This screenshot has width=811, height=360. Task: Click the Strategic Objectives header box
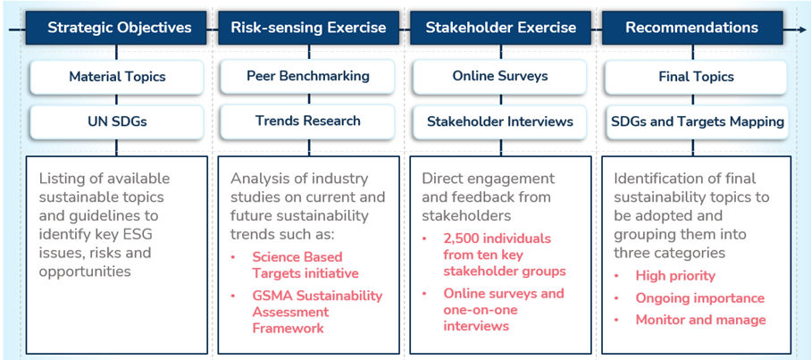[x=117, y=28]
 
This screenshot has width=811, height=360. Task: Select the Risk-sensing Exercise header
[x=309, y=28]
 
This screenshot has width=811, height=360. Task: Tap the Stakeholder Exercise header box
[x=501, y=28]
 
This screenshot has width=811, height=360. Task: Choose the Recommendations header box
[x=692, y=28]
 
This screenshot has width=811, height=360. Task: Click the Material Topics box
[x=117, y=77]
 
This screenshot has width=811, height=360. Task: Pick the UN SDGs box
[x=117, y=122]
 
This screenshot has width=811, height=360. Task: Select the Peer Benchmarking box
[x=308, y=77]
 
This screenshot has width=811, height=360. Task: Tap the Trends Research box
[x=308, y=121]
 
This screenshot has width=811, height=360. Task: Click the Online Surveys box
[x=500, y=77]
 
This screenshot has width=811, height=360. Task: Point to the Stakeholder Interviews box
[x=500, y=121]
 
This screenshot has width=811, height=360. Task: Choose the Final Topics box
[x=697, y=77]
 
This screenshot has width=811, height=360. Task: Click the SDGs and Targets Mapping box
[x=697, y=122]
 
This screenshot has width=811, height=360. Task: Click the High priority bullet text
[x=675, y=276]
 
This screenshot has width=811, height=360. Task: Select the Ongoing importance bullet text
[x=699, y=298]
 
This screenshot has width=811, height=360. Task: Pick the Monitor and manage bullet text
[x=701, y=320]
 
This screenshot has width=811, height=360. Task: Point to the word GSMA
[x=269, y=296]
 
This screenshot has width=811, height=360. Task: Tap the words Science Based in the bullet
[x=297, y=257]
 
